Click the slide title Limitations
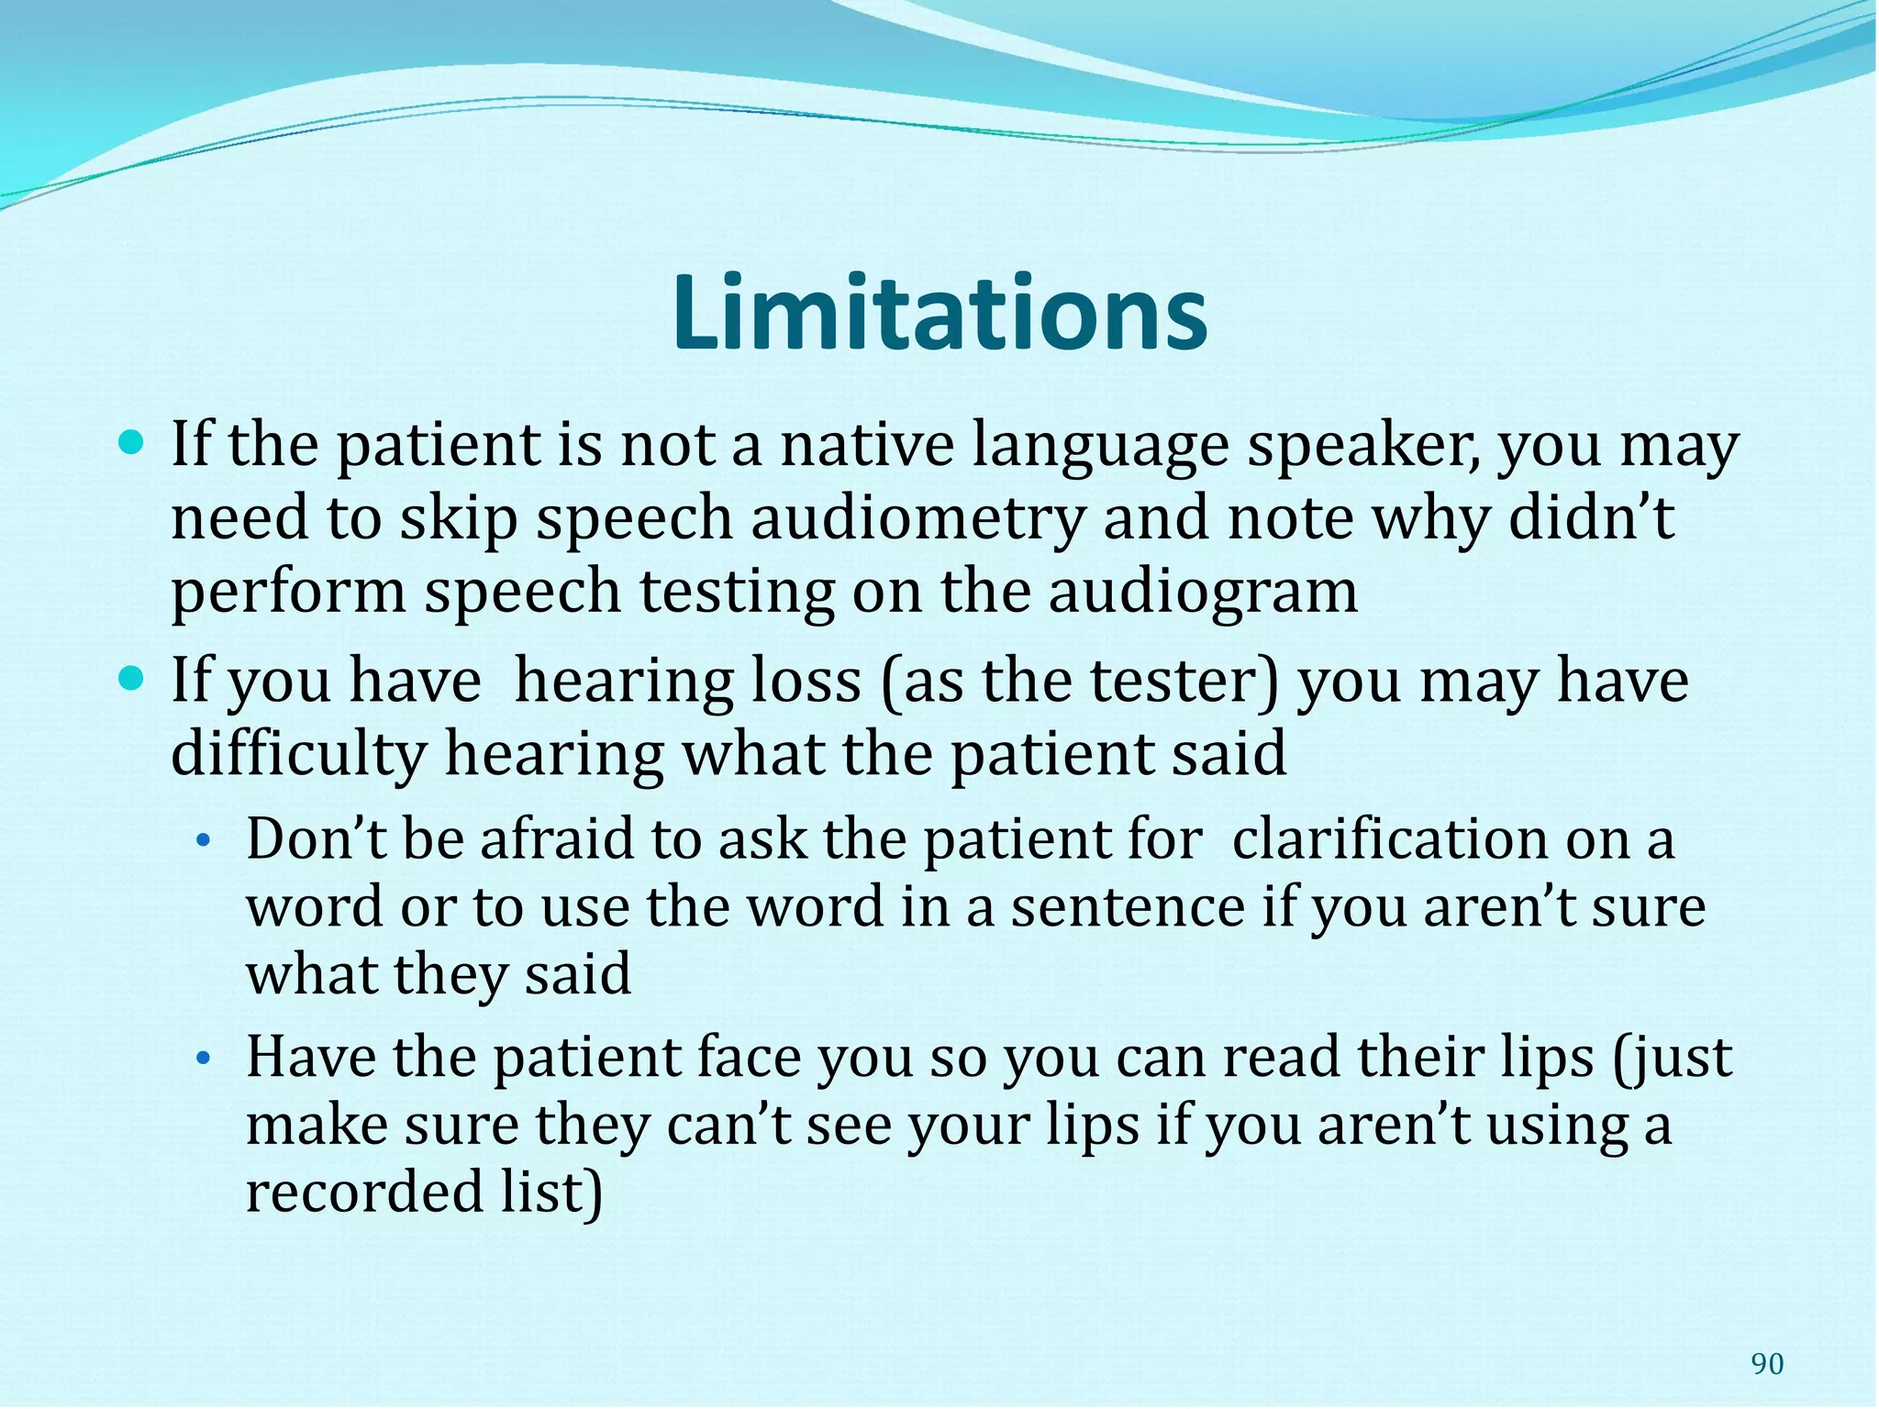(x=939, y=314)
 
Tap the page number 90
(x=1767, y=1364)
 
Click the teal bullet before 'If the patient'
(x=134, y=446)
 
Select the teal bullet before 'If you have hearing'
(x=134, y=681)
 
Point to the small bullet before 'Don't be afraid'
(x=205, y=840)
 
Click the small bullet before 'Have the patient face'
(x=205, y=1060)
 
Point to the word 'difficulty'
(x=298, y=755)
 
